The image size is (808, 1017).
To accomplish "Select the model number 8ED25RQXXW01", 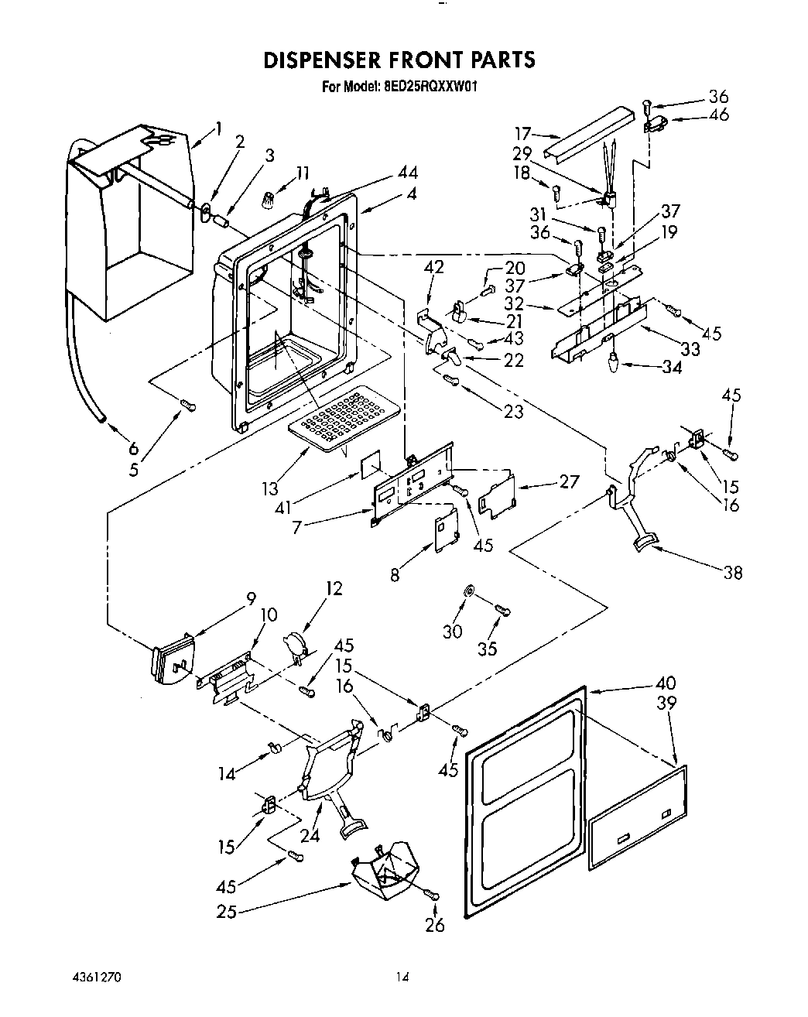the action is [x=430, y=87].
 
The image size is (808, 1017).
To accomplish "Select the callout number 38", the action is [x=732, y=572].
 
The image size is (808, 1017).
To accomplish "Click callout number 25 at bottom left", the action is [x=226, y=912].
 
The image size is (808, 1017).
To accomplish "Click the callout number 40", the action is [x=665, y=683].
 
